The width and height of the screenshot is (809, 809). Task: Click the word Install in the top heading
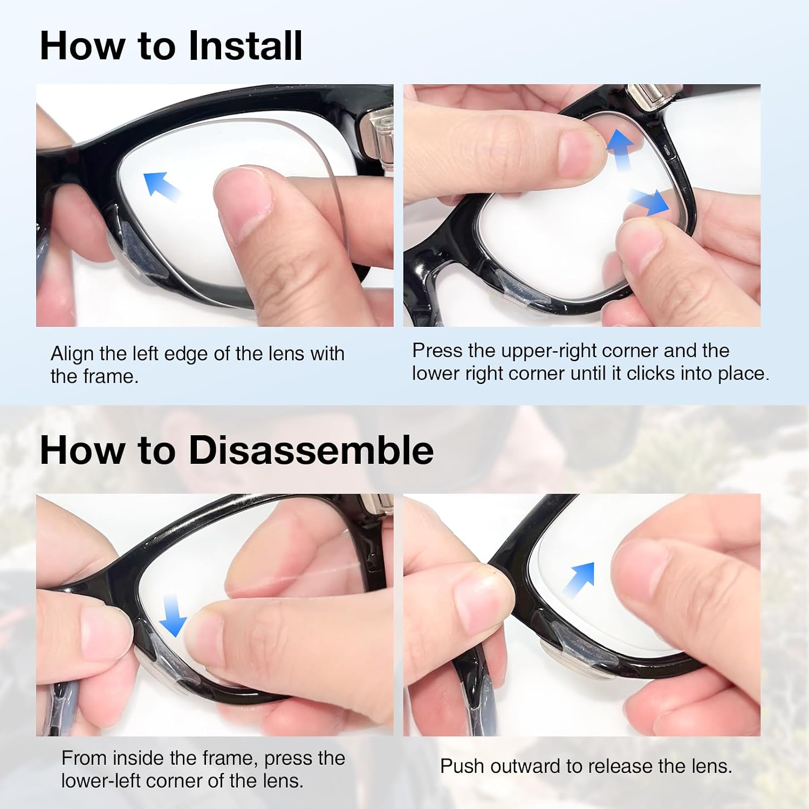click(x=245, y=46)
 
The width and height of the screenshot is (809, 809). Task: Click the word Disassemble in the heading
click(x=311, y=450)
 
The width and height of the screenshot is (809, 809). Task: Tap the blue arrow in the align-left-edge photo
click(x=162, y=186)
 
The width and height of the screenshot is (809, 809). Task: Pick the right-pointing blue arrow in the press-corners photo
click(x=649, y=202)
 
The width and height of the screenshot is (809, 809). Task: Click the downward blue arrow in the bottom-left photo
click(x=175, y=616)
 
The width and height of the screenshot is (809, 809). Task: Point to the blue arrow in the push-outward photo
click(x=578, y=579)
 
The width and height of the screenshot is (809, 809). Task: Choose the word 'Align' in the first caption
click(x=72, y=354)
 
